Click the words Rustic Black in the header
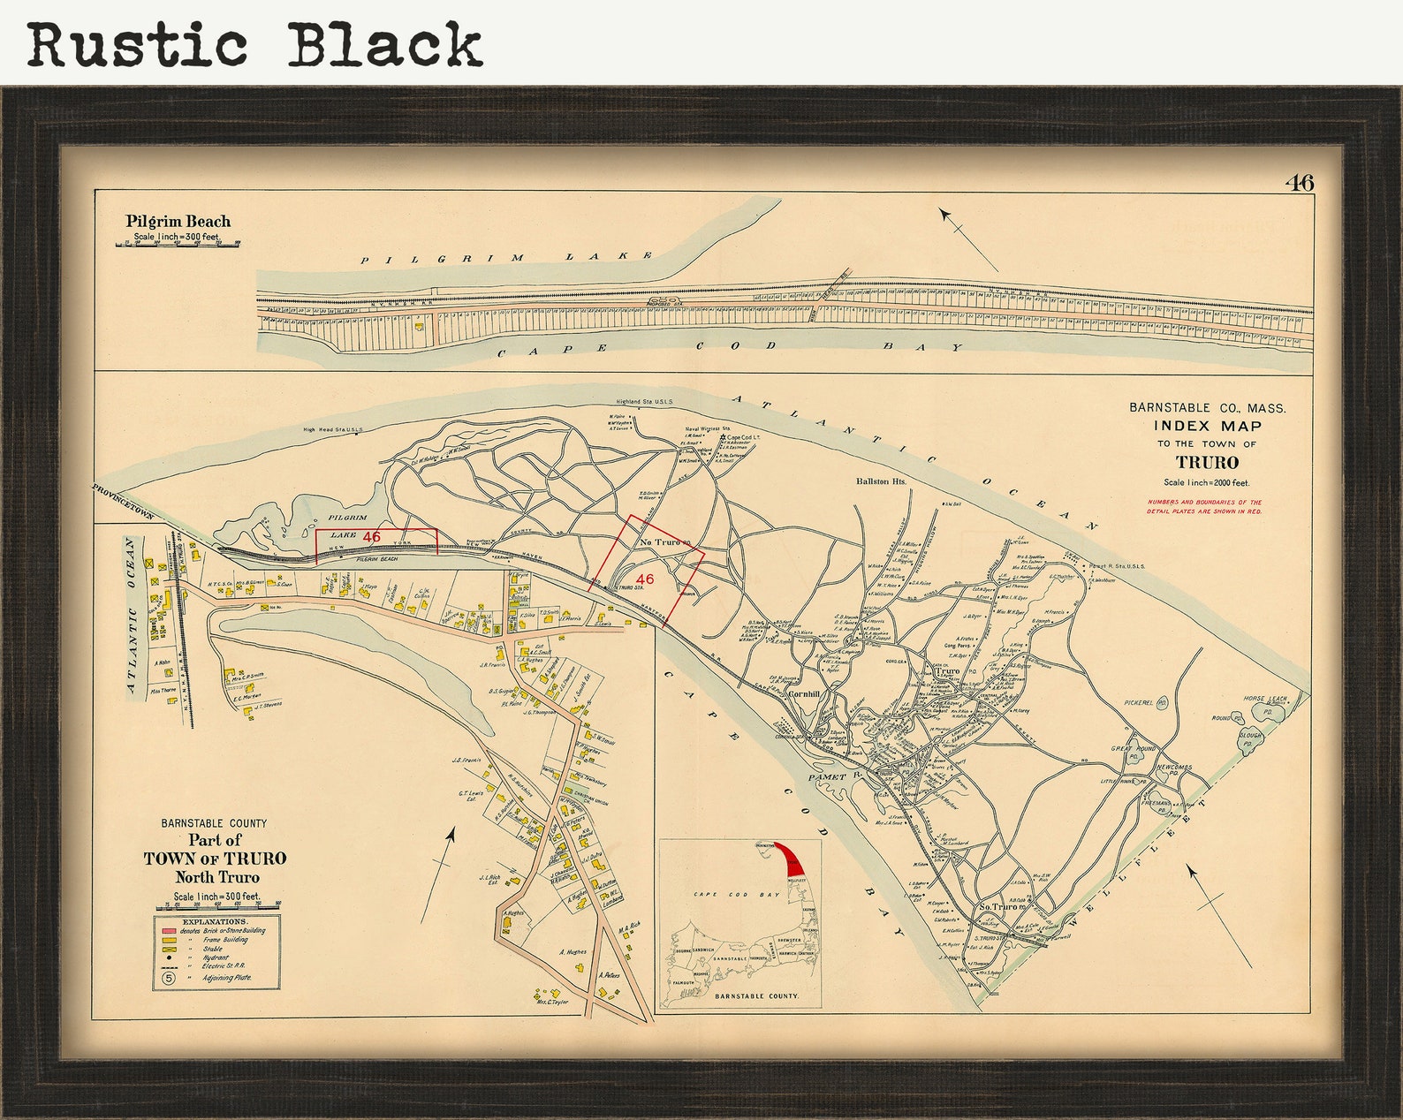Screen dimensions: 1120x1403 click(x=254, y=44)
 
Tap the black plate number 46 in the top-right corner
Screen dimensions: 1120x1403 click(x=1300, y=183)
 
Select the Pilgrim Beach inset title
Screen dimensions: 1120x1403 click(x=178, y=222)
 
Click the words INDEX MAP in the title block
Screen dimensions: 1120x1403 click(x=1208, y=427)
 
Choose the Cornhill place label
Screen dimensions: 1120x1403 click(x=805, y=694)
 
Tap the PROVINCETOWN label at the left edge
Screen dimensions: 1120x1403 click(x=123, y=502)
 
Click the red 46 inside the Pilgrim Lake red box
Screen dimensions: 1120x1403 click(x=371, y=536)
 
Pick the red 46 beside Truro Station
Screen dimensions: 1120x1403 click(x=645, y=579)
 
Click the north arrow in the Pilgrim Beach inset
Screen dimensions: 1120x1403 click(x=967, y=238)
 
